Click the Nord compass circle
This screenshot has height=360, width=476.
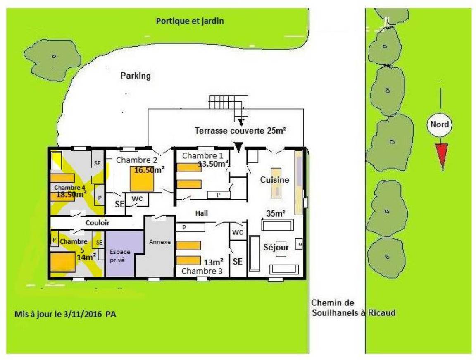(x=440, y=124)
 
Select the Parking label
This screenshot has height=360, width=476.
(x=136, y=76)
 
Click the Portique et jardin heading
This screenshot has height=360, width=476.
(x=190, y=21)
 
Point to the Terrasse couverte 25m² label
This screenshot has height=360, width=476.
(x=240, y=131)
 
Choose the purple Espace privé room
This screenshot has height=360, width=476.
(x=120, y=254)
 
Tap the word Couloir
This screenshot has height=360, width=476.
(x=98, y=223)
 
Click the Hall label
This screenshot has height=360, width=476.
(x=202, y=213)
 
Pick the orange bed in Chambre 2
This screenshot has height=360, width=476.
(x=142, y=179)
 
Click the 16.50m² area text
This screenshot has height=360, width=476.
(x=149, y=170)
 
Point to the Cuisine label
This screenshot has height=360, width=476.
(x=274, y=180)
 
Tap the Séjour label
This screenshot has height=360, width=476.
(x=276, y=248)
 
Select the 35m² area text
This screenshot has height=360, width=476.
(x=276, y=213)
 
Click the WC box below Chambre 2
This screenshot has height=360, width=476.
(x=137, y=199)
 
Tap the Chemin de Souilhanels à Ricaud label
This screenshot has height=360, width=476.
(x=353, y=308)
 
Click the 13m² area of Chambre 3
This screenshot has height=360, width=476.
(x=213, y=262)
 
